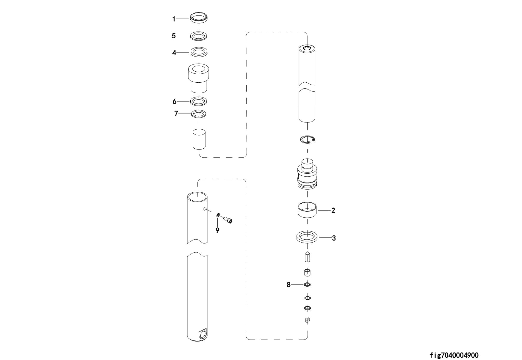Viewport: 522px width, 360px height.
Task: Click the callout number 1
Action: coord(174,19)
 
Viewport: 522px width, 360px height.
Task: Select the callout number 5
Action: coord(174,36)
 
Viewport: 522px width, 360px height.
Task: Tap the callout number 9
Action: coord(218,230)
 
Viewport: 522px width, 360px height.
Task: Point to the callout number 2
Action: coord(333,210)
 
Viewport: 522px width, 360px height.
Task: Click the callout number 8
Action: coord(289,285)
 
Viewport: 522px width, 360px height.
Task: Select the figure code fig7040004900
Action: coord(454,355)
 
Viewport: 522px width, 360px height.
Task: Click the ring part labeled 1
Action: coord(199,18)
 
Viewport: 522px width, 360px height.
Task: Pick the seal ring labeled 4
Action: coord(199,52)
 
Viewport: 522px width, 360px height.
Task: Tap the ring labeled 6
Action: coord(199,101)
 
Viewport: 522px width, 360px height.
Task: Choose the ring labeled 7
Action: coord(199,114)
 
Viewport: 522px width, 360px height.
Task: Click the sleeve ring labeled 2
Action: coord(307,210)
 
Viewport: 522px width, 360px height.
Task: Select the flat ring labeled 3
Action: coord(307,238)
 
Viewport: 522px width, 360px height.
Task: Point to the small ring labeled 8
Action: coord(308,285)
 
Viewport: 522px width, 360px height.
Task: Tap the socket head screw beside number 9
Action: coord(228,219)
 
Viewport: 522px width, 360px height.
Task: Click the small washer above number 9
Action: coord(218,215)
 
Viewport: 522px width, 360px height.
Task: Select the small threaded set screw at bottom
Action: coord(308,320)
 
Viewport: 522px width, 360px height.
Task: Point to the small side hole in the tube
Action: coord(205,209)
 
